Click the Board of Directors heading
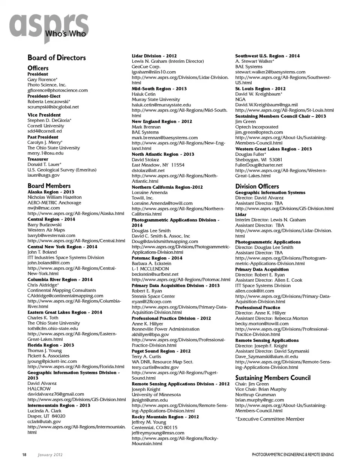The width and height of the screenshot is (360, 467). (57, 58)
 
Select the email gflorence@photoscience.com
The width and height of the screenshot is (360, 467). (57, 90)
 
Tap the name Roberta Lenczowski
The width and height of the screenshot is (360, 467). (48, 101)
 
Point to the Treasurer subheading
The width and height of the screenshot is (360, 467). (38, 159)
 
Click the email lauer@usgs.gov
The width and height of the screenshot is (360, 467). (43, 175)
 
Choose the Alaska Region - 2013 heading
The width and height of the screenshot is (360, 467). (51, 192)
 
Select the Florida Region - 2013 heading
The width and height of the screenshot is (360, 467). (51, 345)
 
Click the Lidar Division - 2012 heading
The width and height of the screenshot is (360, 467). (154, 56)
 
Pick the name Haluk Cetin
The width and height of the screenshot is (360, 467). (143, 94)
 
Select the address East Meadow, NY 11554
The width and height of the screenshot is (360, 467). (158, 165)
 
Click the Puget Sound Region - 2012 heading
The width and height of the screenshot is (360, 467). (161, 351)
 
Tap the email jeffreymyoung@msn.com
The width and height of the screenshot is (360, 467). (158, 433)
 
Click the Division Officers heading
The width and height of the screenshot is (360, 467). (257, 186)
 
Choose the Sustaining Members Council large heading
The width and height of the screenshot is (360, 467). (273, 378)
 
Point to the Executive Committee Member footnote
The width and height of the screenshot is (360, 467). (270, 419)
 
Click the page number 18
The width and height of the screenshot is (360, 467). (24, 455)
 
